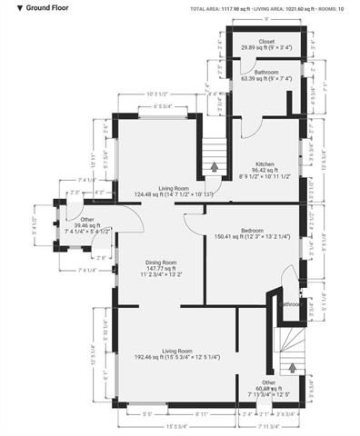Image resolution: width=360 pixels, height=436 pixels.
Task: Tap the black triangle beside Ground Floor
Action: point(8,7)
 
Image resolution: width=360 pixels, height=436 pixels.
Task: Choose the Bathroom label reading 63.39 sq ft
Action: point(265,74)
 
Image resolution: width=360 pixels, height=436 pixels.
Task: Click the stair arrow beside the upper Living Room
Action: point(215,166)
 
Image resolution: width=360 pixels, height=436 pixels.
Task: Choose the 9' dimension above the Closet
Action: point(265,19)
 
